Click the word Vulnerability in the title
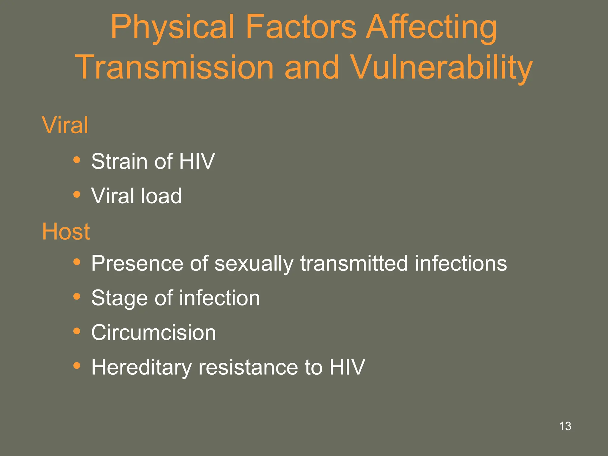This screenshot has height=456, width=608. tap(441, 68)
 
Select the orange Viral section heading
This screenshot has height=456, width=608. tap(65, 125)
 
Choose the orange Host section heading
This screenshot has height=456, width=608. tap(66, 231)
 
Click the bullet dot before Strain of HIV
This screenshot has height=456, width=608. tap(77, 160)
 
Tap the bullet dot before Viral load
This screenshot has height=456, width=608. tap(77, 194)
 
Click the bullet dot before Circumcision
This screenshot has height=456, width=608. tap(77, 331)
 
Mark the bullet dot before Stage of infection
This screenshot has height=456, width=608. tap(77, 296)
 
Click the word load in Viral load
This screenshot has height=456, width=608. tap(161, 196)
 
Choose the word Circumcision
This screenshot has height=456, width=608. tap(153, 332)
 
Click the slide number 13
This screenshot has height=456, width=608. tap(565, 426)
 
